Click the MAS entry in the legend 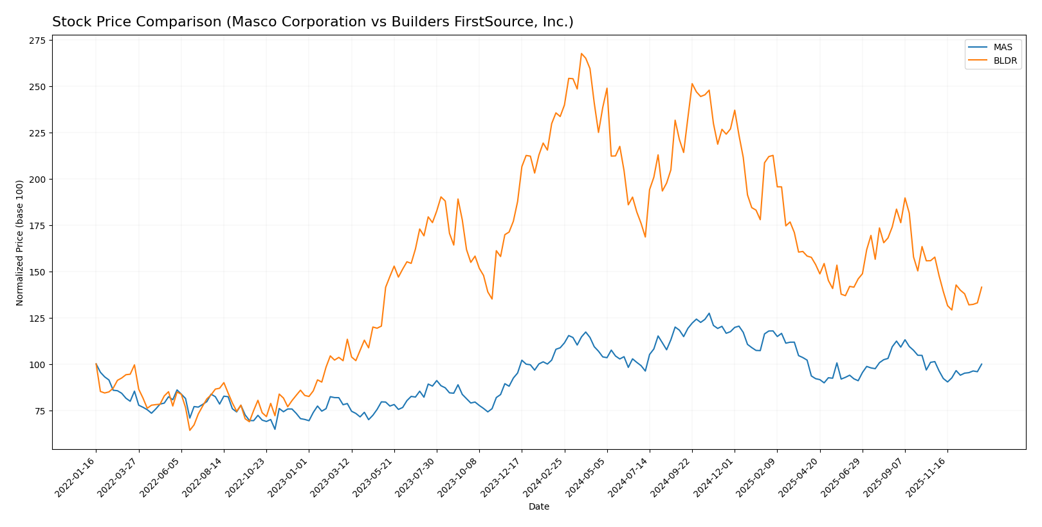tap(1002, 48)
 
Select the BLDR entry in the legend tap(1005, 61)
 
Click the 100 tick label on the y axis tap(37, 365)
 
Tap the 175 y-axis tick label tap(37, 226)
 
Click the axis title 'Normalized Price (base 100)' tap(20, 243)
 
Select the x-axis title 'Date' tap(539, 507)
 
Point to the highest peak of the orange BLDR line tap(581, 53)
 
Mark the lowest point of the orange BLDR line tap(190, 430)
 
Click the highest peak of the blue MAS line tap(709, 313)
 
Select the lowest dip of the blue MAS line tap(275, 429)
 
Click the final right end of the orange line tap(982, 287)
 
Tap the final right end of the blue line tap(982, 364)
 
